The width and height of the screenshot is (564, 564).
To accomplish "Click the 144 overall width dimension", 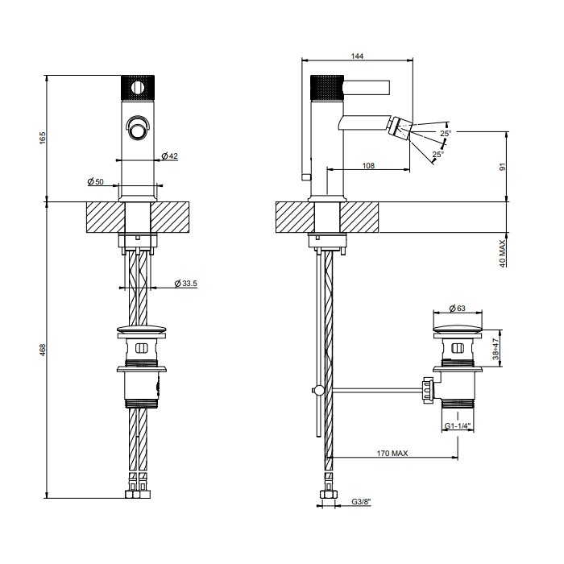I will click(358, 55).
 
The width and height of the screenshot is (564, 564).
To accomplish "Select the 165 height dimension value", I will click(43, 138).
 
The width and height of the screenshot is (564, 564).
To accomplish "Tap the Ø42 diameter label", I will click(168, 156).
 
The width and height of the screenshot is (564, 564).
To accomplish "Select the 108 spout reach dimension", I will click(367, 165).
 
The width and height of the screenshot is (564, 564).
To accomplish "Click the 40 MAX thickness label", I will click(501, 253).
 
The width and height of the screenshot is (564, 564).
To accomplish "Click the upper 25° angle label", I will click(446, 133).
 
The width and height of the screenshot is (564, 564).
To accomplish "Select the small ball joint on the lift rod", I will click(319, 391).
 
